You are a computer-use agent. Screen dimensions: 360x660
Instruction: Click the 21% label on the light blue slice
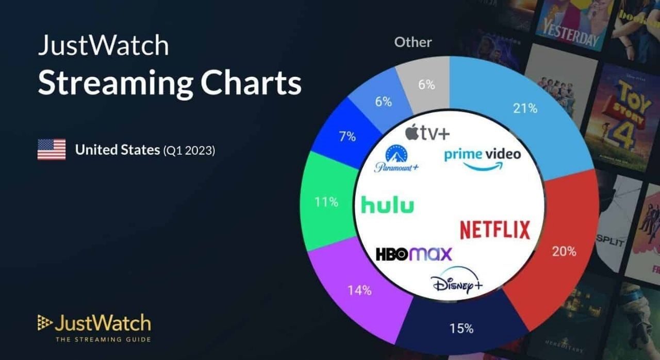point(525,108)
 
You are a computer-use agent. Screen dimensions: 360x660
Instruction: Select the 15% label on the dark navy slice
point(461,329)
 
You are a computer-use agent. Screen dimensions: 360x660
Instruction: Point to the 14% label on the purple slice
point(359,290)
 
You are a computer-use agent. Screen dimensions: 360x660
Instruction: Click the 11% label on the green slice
point(326,202)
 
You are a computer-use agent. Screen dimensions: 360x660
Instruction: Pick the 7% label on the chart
point(347,137)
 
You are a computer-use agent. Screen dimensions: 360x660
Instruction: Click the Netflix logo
point(494,230)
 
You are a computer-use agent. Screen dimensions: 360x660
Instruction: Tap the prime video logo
point(482,157)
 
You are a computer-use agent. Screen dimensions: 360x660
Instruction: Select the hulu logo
point(387,204)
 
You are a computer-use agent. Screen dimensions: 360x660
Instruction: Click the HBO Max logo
point(414,254)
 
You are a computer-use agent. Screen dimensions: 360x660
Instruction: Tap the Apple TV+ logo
point(427,134)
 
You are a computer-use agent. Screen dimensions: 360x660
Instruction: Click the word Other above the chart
point(413,42)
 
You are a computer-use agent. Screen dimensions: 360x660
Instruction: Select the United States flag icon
point(52,150)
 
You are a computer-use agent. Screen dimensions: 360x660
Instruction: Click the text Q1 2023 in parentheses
point(189,151)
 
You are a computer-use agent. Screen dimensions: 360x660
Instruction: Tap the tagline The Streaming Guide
point(103,339)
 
